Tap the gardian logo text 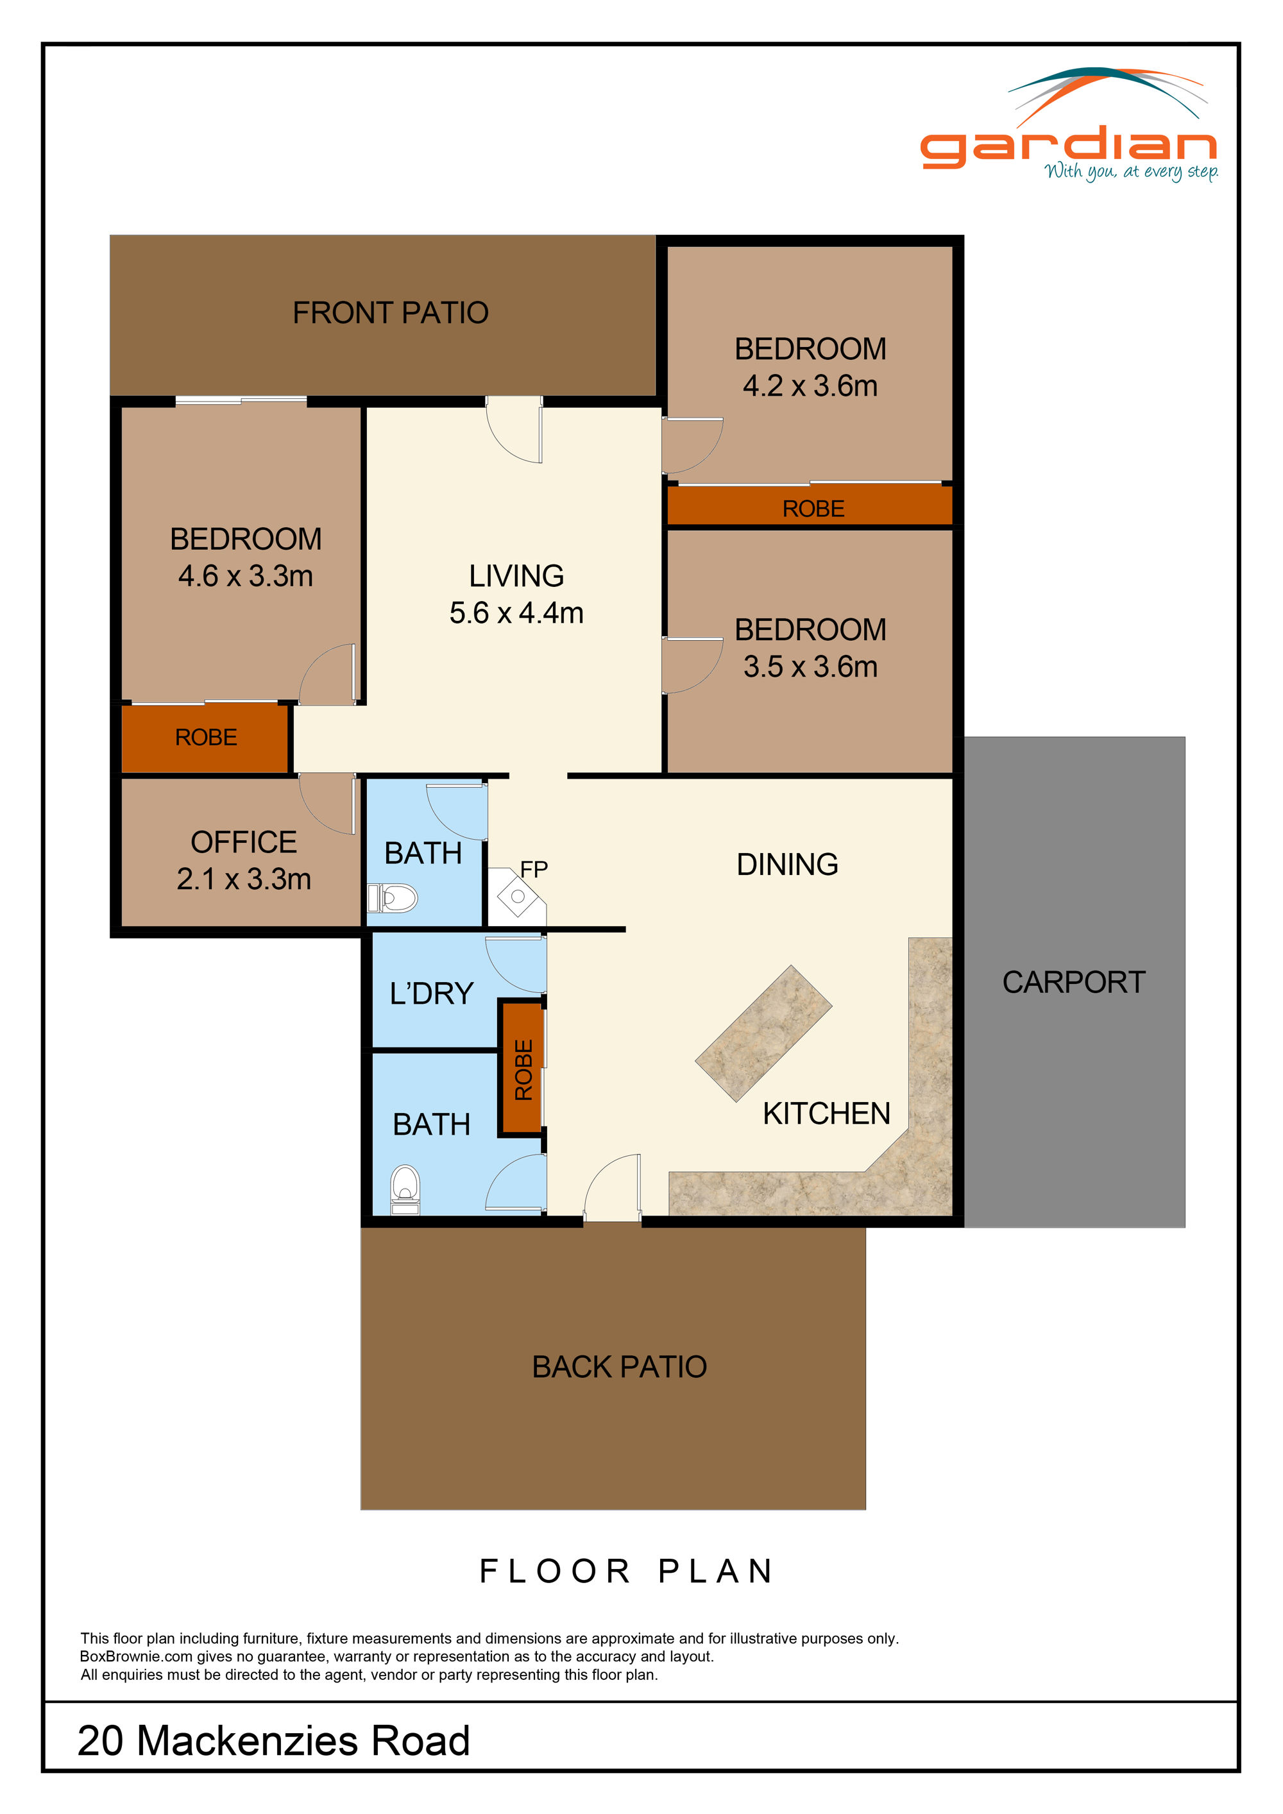coord(1068,146)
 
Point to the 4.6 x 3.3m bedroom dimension coord(245,576)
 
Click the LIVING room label coord(516,576)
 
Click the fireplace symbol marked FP coord(518,897)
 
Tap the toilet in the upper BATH coord(395,898)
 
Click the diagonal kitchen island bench coord(763,1033)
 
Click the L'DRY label coord(431,994)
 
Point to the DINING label coord(787,864)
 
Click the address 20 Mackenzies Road coord(273,1740)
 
